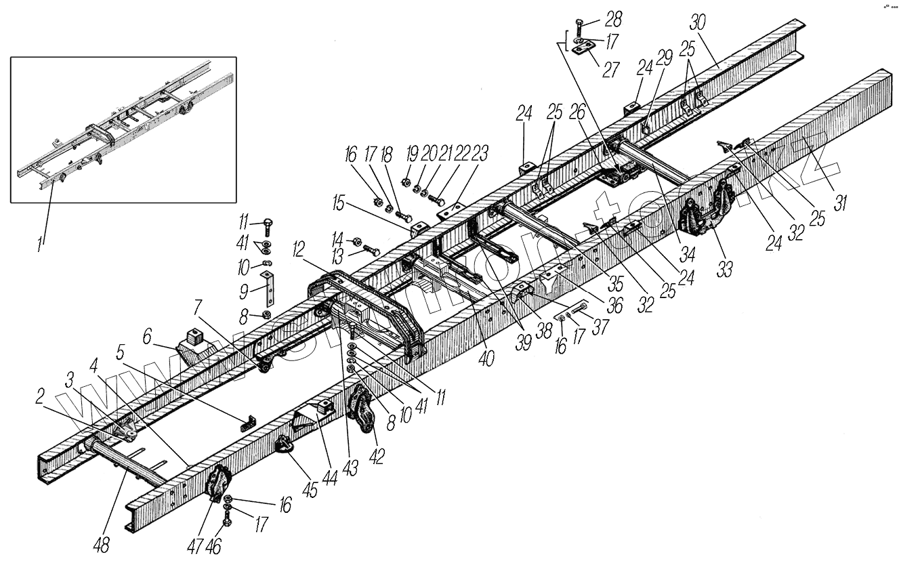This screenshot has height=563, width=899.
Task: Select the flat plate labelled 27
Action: pos(582,50)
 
